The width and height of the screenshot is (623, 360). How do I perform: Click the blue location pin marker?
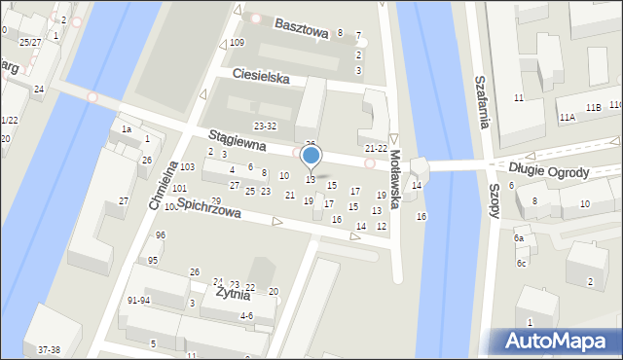tap(311, 157)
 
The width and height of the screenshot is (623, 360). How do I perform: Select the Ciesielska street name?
tap(261, 76)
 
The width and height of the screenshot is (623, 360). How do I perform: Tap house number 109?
tap(237, 44)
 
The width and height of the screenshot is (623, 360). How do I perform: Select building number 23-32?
tap(265, 126)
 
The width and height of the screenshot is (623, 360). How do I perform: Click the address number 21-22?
tap(375, 148)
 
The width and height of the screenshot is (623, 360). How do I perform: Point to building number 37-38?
tap(49, 349)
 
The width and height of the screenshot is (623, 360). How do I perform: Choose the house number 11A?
tap(567, 117)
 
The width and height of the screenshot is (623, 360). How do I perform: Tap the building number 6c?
tap(522, 263)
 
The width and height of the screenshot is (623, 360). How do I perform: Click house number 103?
tap(187, 167)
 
